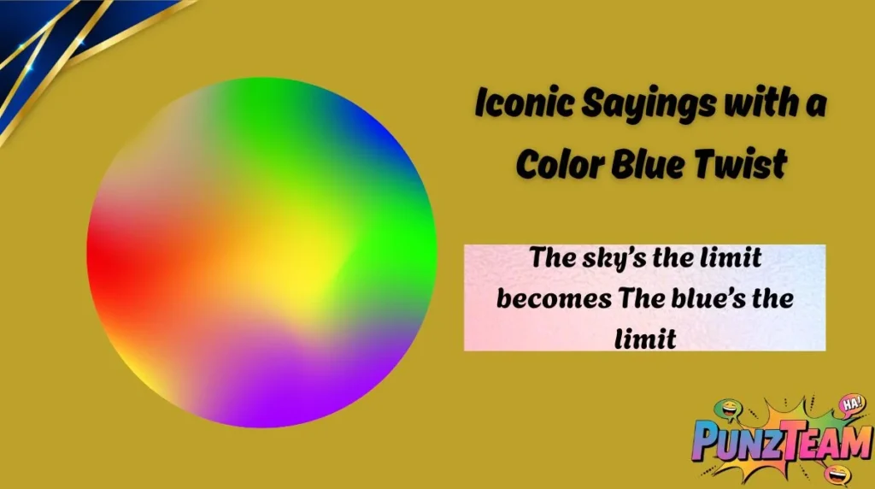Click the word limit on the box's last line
(x=645, y=339)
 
